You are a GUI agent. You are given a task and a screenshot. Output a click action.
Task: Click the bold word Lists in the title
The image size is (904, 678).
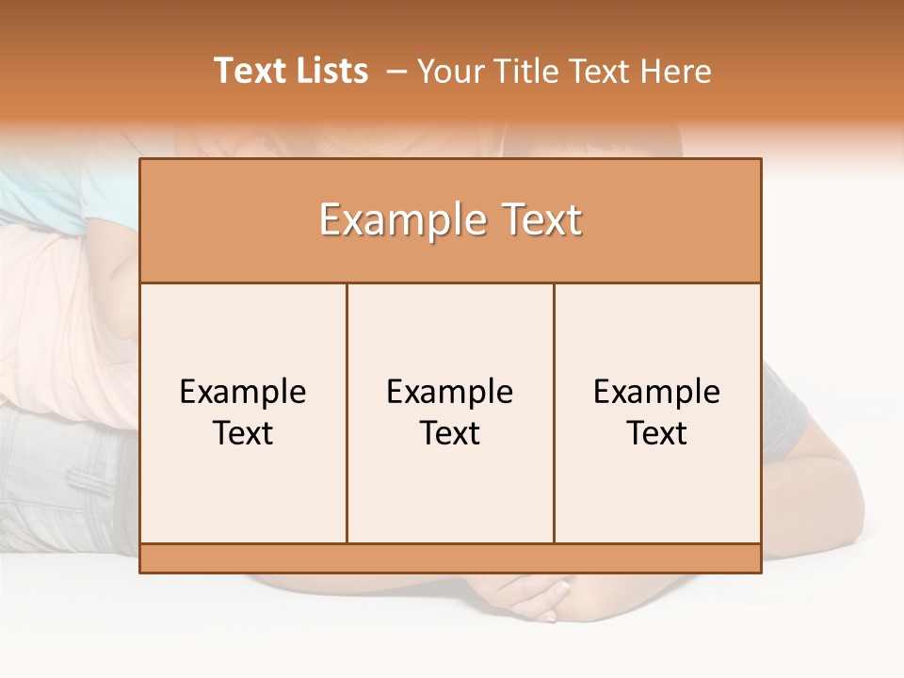tap(331, 71)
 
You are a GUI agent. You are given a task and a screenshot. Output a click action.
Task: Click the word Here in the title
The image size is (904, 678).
tap(676, 71)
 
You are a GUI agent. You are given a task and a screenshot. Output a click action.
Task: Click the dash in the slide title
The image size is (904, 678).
tap(396, 72)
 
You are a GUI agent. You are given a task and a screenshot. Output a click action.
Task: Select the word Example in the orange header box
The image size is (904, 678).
tap(398, 221)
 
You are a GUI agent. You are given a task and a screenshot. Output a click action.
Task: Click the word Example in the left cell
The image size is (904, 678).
tap(243, 392)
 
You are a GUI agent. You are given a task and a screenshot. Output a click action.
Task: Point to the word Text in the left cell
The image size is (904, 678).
tap(243, 433)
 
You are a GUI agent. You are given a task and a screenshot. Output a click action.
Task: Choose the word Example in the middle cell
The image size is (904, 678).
tap(450, 392)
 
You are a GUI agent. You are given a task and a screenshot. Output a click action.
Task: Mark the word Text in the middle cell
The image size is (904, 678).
tap(450, 433)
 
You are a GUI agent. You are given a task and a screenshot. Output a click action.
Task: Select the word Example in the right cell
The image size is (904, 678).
tap(657, 392)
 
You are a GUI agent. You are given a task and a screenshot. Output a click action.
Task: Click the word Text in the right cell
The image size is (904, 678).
tap(657, 433)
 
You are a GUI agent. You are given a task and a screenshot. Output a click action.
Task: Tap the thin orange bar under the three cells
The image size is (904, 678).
tap(450, 558)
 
